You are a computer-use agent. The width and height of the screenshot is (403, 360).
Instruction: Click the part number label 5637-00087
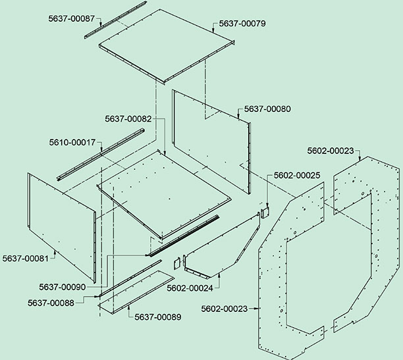pyautogui.click(x=72, y=18)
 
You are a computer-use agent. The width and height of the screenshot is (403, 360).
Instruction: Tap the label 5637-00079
pyautogui.click(x=242, y=24)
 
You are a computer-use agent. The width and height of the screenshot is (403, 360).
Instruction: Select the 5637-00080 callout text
pyautogui.click(x=267, y=109)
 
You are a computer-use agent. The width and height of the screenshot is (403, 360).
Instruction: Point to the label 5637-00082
pyautogui.click(x=128, y=119)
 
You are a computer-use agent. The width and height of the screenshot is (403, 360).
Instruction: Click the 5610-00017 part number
pyautogui.click(x=72, y=142)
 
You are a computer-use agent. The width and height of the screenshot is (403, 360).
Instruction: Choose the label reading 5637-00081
pyautogui.click(x=26, y=258)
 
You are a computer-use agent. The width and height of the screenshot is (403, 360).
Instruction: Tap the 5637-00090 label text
pyautogui.click(x=63, y=287)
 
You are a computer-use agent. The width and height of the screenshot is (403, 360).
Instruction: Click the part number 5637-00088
pyautogui.click(x=51, y=303)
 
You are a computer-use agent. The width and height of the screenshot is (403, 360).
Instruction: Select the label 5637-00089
pyautogui.click(x=158, y=317)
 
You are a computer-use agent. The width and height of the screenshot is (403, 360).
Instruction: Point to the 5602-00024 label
pyautogui.click(x=190, y=288)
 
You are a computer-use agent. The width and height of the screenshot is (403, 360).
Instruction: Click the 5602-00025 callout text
pyautogui.click(x=297, y=176)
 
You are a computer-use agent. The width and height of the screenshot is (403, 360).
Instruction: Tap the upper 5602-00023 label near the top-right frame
pyautogui.click(x=331, y=151)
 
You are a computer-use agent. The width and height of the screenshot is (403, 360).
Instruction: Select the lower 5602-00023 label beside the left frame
pyautogui.click(x=225, y=309)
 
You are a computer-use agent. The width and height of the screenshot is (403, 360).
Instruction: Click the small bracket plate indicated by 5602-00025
pyautogui.click(x=265, y=213)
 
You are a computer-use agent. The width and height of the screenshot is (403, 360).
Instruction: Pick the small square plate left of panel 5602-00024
pyautogui.click(x=177, y=264)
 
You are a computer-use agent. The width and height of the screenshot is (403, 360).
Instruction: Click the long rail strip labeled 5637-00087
pyautogui.click(x=115, y=20)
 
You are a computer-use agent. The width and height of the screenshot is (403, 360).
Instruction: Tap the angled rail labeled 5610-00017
pyautogui.click(x=101, y=155)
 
